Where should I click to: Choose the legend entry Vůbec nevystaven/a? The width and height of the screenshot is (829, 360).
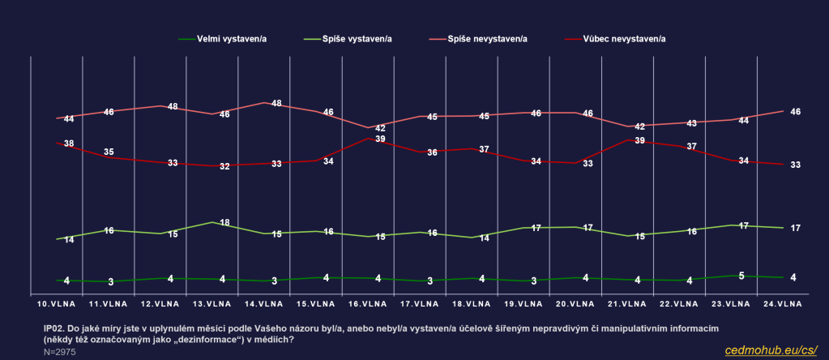pyautogui.click(x=617, y=38)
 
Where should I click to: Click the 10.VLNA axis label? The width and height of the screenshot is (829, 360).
pyautogui.click(x=56, y=304)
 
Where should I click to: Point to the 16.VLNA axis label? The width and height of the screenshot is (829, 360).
pyautogui.click(x=367, y=304)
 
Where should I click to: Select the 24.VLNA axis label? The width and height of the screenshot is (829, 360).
pyautogui.click(x=783, y=304)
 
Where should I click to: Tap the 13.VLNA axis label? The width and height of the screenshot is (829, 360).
pyautogui.click(x=212, y=304)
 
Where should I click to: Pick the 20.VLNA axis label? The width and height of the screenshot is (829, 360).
pyautogui.click(x=575, y=304)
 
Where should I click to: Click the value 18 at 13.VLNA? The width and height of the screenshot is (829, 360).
pyautogui.click(x=225, y=222)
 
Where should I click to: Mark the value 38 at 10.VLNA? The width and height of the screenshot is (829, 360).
pyautogui.click(x=69, y=144)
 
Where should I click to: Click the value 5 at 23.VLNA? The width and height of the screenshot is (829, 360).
pyautogui.click(x=741, y=275)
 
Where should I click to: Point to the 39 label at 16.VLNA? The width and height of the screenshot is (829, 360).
pyautogui.click(x=380, y=139)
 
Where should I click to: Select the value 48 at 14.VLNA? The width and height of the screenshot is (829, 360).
pyautogui.click(x=276, y=103)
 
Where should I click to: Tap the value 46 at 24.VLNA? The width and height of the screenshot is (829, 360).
pyautogui.click(x=795, y=111)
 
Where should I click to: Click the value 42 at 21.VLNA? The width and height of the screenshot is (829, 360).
pyautogui.click(x=639, y=126)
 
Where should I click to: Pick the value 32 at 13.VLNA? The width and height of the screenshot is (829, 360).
pyautogui.click(x=224, y=166)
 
